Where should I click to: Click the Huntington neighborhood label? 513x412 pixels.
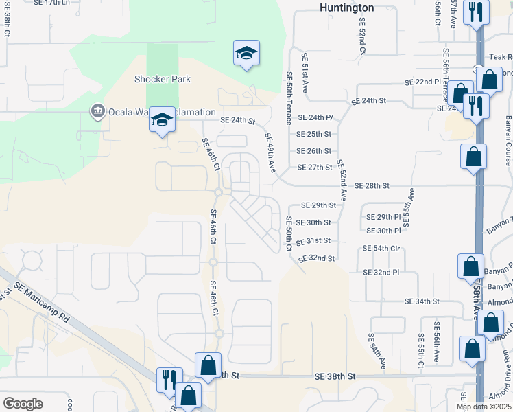pyautogui.click(x=347, y=8)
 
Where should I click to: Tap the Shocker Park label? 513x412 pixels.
pyautogui.click(x=163, y=79)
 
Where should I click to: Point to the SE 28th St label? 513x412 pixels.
pyautogui.click(x=372, y=186)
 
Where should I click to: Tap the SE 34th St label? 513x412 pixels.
pyautogui.click(x=421, y=301)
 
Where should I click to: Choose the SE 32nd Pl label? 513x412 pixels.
pyautogui.click(x=381, y=273)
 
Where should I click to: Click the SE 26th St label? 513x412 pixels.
pyautogui.click(x=313, y=151)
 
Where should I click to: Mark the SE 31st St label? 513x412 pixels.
pyautogui.click(x=313, y=241)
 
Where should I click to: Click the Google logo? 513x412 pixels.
pyautogui.click(x=23, y=403)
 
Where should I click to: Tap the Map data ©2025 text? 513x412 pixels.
pyautogui.click(x=484, y=407)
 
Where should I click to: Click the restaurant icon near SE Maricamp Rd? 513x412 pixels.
pyautogui.click(x=168, y=379)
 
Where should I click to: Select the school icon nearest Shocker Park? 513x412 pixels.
pyautogui.click(x=163, y=121)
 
